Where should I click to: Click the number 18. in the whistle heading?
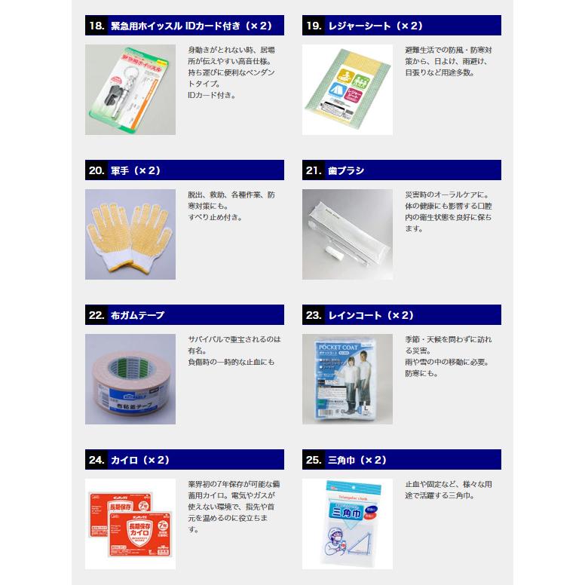(96, 26)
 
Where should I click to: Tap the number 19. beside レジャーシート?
(314, 26)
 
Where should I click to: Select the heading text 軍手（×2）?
(136, 170)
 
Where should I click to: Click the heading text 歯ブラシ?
(346, 170)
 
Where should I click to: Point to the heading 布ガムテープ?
(137, 315)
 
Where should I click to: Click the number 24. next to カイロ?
(96, 460)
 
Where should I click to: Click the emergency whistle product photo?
(130, 89)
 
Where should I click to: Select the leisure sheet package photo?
(348, 89)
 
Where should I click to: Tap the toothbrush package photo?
(348, 234)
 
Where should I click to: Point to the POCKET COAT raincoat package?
(348, 379)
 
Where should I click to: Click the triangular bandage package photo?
(348, 524)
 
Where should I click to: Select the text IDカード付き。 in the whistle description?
(212, 96)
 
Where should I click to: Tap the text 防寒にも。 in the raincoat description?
(421, 373)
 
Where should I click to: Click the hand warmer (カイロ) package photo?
(130, 524)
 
